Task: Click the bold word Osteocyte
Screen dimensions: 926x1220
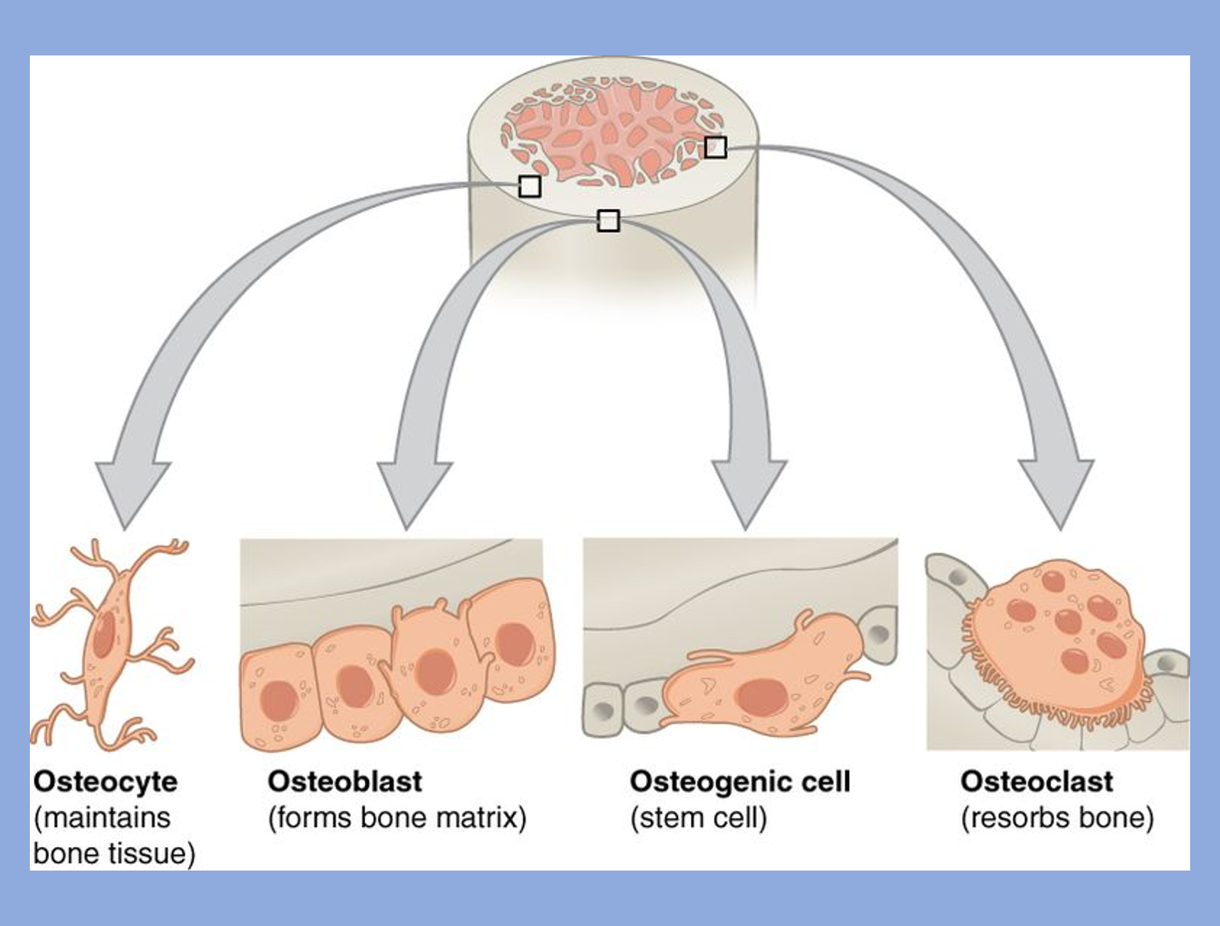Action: click(105, 782)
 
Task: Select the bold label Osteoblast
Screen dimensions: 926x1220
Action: click(345, 782)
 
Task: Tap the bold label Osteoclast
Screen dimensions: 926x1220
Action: click(1037, 782)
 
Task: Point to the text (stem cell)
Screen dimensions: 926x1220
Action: click(698, 818)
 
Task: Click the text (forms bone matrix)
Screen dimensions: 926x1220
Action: click(397, 818)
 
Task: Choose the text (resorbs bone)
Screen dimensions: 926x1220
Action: click(1057, 818)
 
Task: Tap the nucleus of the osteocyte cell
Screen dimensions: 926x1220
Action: click(104, 634)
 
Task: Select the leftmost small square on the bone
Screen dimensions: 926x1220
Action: click(529, 187)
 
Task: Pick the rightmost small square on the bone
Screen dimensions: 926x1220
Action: click(716, 147)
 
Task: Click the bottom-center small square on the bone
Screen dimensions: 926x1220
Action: click(608, 221)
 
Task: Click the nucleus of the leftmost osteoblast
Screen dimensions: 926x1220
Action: click(278, 701)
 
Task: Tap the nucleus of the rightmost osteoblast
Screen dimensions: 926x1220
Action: click(514, 644)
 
